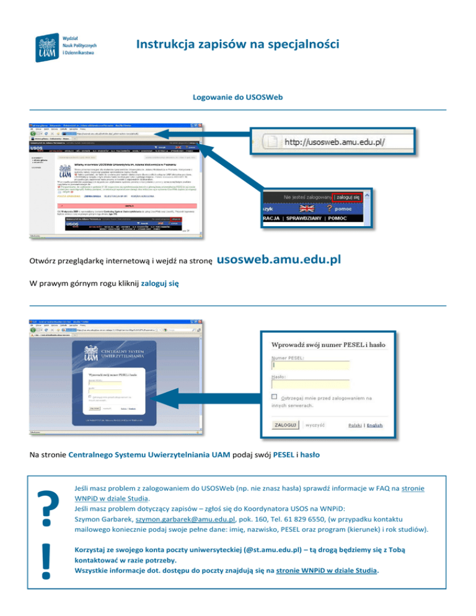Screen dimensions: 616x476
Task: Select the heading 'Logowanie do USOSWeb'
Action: tap(237, 98)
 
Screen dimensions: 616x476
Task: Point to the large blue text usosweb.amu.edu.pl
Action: tap(280, 258)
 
